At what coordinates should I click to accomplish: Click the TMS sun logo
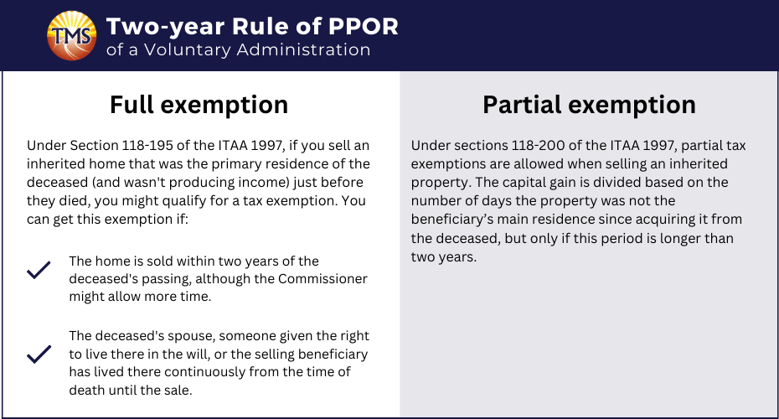pos(71,36)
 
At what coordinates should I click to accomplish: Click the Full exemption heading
pos(199,105)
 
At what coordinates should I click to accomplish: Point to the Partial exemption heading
pos(589,105)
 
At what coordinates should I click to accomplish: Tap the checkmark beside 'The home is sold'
pos(39,270)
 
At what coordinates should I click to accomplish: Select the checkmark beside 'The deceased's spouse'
pos(39,354)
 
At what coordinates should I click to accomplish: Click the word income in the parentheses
pos(262,183)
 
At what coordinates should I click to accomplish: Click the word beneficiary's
pos(452,220)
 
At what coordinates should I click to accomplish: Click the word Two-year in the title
pos(166,28)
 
